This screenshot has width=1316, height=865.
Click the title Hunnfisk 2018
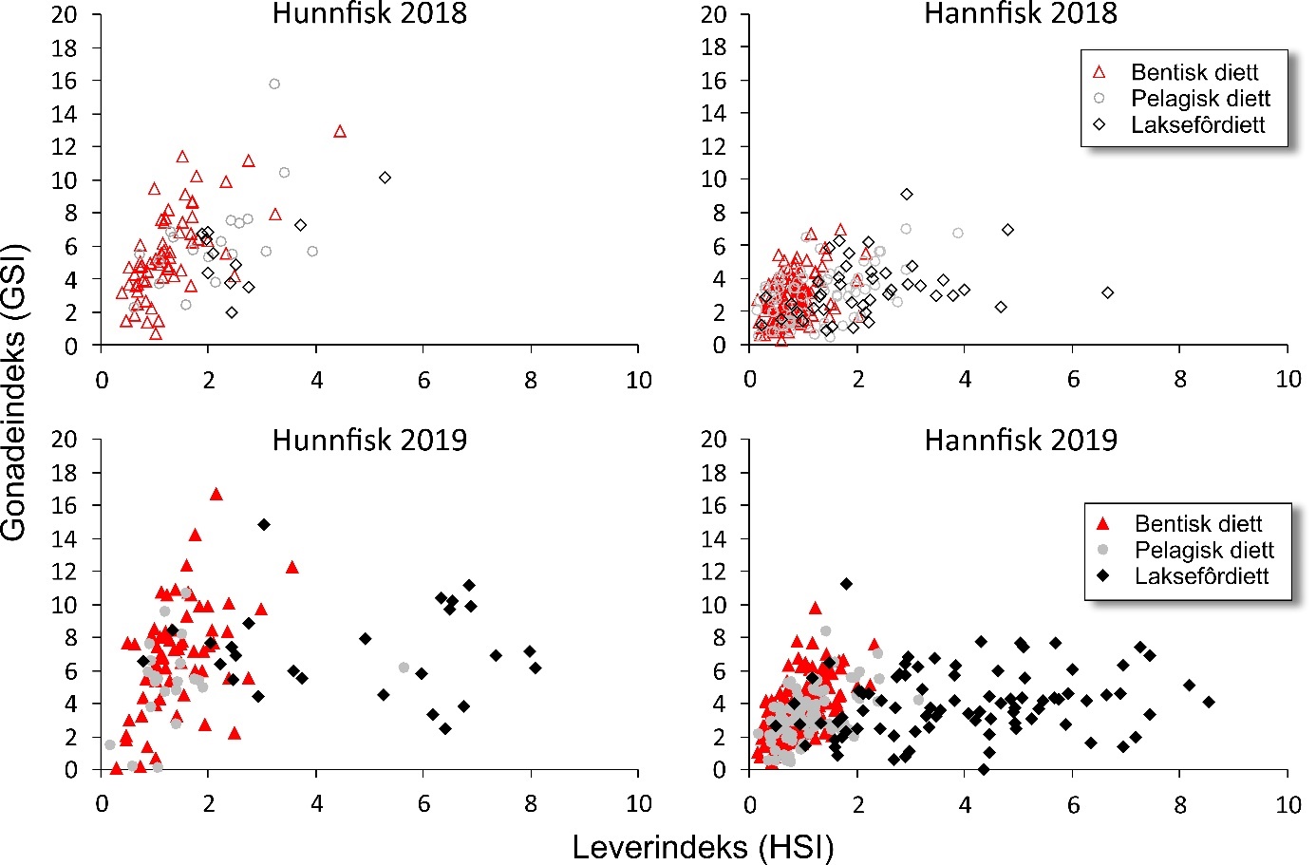[x=369, y=14]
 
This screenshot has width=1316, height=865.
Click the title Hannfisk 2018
[x=1021, y=14]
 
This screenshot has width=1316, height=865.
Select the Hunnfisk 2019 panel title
[x=369, y=441]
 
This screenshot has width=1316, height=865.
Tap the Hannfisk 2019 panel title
[x=1021, y=441]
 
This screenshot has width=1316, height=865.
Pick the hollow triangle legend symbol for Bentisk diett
[x=1100, y=72]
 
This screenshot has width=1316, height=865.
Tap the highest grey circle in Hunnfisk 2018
[x=274, y=85]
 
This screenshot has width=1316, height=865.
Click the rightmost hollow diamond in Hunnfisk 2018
[x=385, y=178]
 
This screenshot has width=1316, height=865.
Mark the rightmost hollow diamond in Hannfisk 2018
[x=1107, y=292]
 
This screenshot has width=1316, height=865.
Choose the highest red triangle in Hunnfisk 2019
[x=216, y=494]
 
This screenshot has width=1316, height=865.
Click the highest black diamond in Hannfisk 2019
[x=846, y=584]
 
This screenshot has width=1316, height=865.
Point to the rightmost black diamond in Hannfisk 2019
[x=1209, y=702]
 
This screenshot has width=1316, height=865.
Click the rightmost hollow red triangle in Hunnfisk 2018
[x=340, y=131]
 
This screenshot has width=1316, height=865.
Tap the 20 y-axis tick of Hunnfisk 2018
[x=65, y=15]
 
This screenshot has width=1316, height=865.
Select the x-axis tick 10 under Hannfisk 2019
[x=1288, y=804]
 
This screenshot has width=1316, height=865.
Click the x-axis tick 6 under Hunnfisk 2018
[x=423, y=381]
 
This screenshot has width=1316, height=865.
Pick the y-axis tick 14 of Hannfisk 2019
[x=713, y=538]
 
